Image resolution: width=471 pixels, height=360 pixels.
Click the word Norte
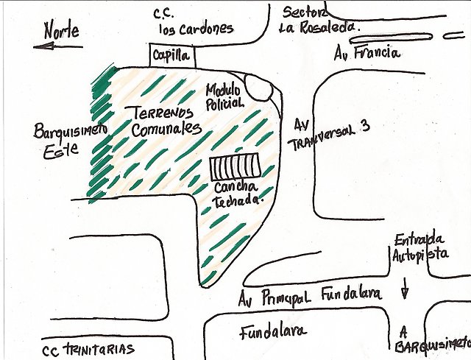tap(62, 29)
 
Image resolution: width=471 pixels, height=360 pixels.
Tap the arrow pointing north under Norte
tap(57, 46)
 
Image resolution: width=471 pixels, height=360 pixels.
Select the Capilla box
tap(173, 56)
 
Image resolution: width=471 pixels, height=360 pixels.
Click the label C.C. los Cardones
tap(193, 23)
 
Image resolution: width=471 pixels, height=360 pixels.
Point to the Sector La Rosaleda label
tap(319, 21)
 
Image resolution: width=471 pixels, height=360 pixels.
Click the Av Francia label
tap(367, 53)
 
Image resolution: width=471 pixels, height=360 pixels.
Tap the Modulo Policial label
tap(224, 96)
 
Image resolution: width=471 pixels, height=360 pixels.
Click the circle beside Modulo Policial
tap(259, 87)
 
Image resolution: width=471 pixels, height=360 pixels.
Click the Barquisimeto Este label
tap(70, 141)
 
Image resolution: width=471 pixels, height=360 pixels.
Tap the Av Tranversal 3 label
tap(329, 135)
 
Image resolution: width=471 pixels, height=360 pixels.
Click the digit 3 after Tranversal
tap(365, 126)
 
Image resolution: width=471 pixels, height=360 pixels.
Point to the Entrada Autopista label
tap(420, 248)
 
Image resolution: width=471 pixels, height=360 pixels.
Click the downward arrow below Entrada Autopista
tap(406, 287)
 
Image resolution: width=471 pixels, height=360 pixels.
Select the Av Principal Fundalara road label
tap(310, 296)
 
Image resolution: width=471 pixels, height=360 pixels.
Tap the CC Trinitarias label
tap(88, 350)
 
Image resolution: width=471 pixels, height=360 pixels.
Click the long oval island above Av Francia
tap(390, 38)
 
